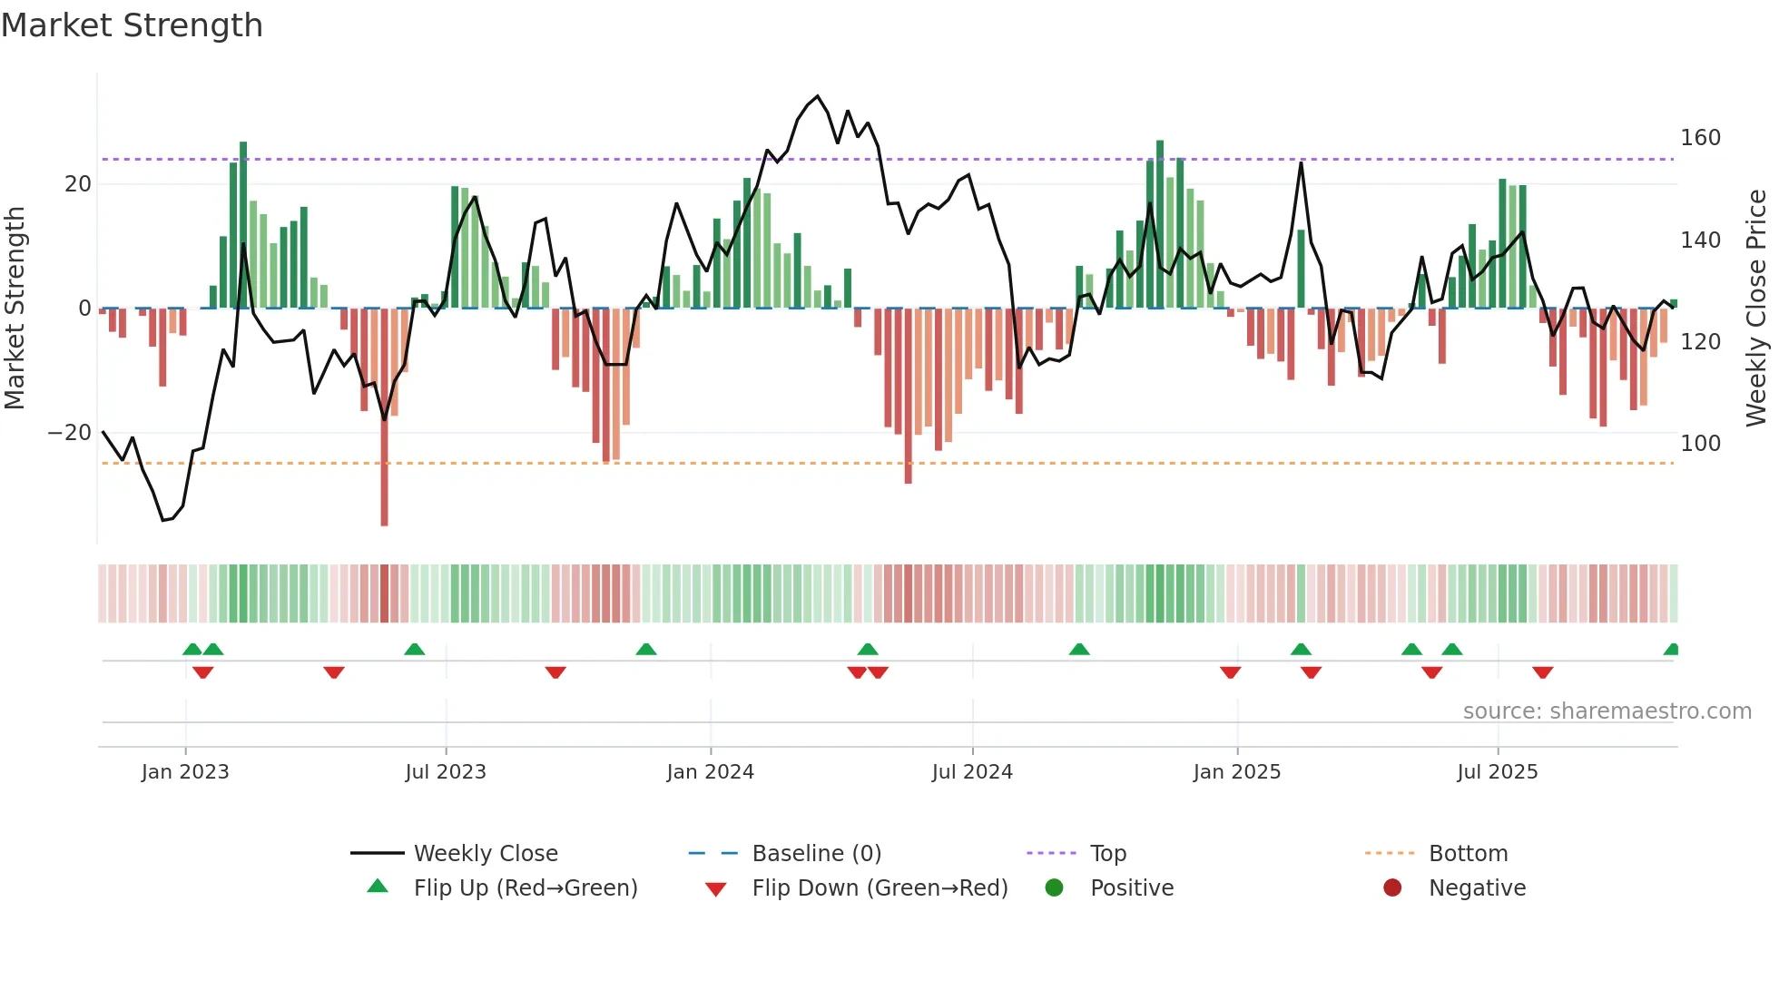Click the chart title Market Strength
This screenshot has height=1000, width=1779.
(x=132, y=25)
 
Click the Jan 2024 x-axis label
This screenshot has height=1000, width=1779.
(x=710, y=772)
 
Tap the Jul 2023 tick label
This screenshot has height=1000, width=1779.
(x=446, y=772)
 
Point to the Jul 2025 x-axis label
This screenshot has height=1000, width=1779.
(x=1498, y=772)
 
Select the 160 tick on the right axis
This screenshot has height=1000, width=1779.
(x=1700, y=138)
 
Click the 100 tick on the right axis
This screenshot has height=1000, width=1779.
(x=1700, y=444)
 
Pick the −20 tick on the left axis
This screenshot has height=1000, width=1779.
(x=70, y=433)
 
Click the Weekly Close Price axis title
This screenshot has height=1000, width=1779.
(x=1756, y=309)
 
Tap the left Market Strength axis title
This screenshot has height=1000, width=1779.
(x=15, y=309)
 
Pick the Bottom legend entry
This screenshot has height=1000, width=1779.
(x=1468, y=854)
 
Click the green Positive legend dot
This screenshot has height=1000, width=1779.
(x=1054, y=888)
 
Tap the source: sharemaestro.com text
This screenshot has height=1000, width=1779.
(x=1607, y=711)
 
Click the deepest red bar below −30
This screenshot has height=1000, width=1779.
(x=384, y=508)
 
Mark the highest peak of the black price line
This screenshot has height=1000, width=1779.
(x=818, y=96)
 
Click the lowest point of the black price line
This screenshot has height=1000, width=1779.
(x=163, y=520)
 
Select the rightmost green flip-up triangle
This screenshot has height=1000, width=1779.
(x=1671, y=650)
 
